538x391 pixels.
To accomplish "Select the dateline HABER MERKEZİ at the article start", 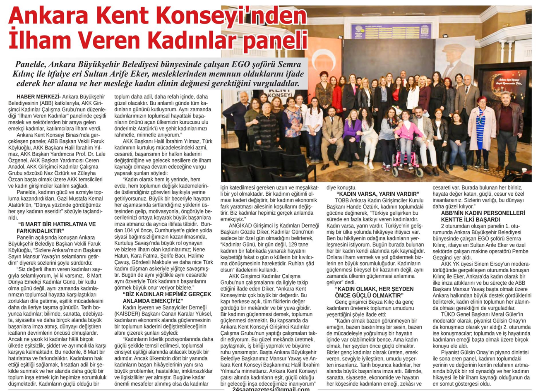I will point(35,97).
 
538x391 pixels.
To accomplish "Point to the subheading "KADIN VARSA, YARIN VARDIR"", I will point(377,194).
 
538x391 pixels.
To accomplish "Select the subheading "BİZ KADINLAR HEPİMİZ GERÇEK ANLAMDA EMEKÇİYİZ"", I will point(166,297).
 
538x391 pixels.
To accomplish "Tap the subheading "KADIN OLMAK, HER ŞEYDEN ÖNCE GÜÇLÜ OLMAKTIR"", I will point(374,292).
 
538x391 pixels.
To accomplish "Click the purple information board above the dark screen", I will point(391,31).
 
